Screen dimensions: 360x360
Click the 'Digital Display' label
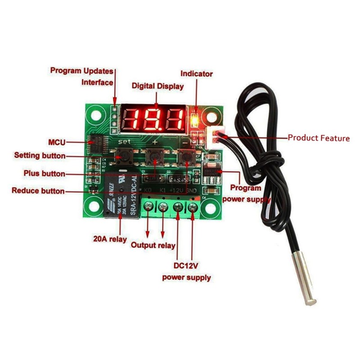point(157,86)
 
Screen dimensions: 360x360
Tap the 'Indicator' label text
point(197,73)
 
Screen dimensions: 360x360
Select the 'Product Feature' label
point(319,138)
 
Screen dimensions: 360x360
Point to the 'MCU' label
point(57,143)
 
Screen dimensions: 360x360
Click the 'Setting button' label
point(40,156)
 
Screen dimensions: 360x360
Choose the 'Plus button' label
point(44,173)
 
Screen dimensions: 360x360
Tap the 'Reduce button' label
point(38,191)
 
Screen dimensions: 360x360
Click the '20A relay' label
point(110,238)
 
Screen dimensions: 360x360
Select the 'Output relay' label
point(153,245)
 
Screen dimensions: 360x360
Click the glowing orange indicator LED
point(195,121)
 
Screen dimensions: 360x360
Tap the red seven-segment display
point(153,119)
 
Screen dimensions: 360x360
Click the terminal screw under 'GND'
point(193,207)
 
